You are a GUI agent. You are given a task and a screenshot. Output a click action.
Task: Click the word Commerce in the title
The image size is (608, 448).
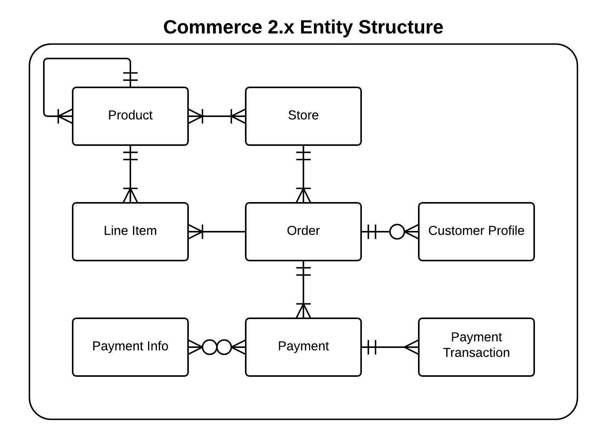pyautogui.click(x=213, y=27)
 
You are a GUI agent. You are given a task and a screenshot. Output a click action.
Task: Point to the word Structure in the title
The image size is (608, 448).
pyautogui.click(x=401, y=27)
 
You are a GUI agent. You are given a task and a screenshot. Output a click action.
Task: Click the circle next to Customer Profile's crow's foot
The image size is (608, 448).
pyautogui.click(x=397, y=232)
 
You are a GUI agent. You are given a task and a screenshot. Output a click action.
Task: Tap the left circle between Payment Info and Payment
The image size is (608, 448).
pyautogui.click(x=210, y=347)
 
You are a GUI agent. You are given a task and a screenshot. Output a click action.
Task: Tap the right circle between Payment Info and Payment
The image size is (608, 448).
pyautogui.click(x=224, y=347)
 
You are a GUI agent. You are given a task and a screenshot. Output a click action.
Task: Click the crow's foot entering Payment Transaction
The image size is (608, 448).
pyautogui.click(x=411, y=347)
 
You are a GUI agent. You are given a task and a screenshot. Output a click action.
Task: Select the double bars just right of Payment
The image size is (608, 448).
pyautogui.click(x=372, y=347)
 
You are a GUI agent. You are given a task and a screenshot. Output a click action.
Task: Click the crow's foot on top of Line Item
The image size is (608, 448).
pyautogui.click(x=130, y=195)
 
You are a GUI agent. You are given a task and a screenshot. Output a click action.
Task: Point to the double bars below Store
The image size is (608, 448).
pyautogui.click(x=303, y=155)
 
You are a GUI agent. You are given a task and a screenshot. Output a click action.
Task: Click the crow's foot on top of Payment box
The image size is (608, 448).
pyautogui.click(x=303, y=311)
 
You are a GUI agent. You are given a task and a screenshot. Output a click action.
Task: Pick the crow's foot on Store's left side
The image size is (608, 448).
pyautogui.click(x=238, y=116)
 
